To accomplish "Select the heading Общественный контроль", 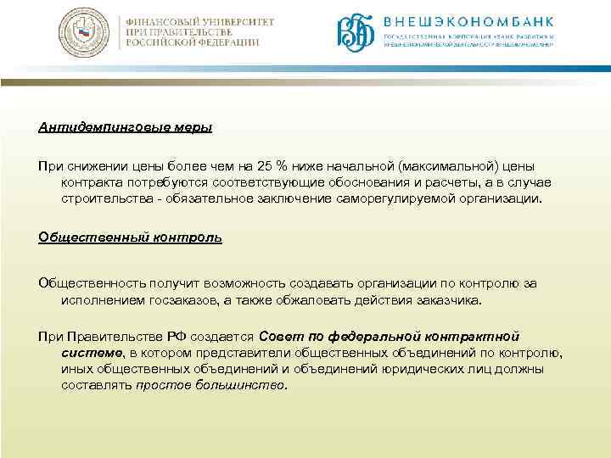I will [x=130, y=237].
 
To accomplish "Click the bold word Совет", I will [x=277, y=336].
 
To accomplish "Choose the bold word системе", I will [x=92, y=352].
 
